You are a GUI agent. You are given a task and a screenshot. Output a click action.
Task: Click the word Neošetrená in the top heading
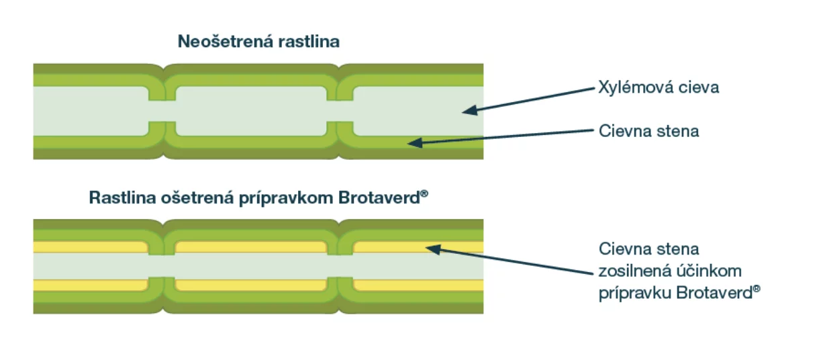point(225,42)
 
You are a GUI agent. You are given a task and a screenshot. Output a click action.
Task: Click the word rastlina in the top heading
point(309,42)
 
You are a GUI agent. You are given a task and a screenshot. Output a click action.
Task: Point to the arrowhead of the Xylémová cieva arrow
point(470,110)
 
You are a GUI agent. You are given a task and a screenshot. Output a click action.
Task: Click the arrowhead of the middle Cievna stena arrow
point(415,142)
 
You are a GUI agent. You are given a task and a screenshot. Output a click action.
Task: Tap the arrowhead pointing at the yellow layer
point(433,249)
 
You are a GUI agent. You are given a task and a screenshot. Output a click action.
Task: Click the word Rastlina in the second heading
point(122,198)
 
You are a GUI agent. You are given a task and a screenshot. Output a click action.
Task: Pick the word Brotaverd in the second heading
point(379,198)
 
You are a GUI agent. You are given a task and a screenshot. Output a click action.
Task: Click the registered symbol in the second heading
point(424,193)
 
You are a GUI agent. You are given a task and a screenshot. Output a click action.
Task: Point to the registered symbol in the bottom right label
point(757,289)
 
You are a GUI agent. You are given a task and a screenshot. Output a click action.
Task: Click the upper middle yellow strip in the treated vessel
point(251,247)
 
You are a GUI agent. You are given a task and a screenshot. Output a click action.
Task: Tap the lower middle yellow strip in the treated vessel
point(251,285)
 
